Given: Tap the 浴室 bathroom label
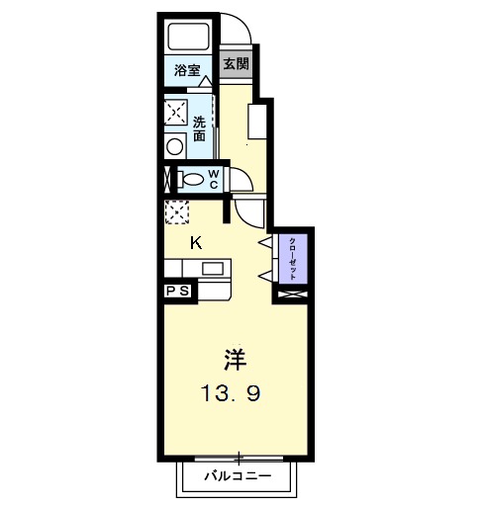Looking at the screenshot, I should [x=187, y=71].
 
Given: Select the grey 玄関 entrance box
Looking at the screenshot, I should [x=235, y=64].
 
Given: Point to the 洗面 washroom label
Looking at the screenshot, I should [x=199, y=129].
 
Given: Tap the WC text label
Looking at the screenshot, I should [x=213, y=180].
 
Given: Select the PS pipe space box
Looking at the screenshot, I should [x=179, y=291].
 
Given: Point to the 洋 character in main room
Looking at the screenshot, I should [x=235, y=357].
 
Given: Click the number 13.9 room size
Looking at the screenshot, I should [x=234, y=393].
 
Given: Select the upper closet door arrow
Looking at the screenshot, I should [x=264, y=242].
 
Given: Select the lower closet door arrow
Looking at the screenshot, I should [x=264, y=274].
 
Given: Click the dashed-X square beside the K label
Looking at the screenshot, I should [x=176, y=212].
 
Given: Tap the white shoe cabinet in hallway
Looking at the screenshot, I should [x=257, y=123].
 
